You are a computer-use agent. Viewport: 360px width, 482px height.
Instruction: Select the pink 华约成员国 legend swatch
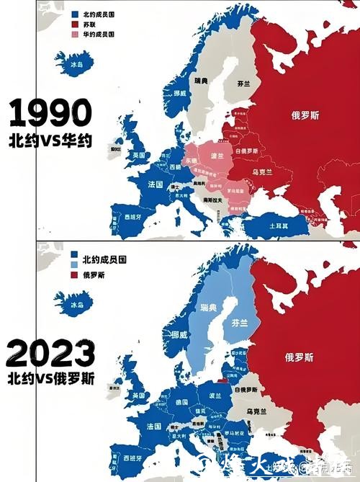point(76,34)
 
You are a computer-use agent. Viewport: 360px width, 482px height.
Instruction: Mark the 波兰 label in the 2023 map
point(215,396)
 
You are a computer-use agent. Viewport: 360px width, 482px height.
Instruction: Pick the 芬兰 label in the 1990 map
point(244,84)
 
